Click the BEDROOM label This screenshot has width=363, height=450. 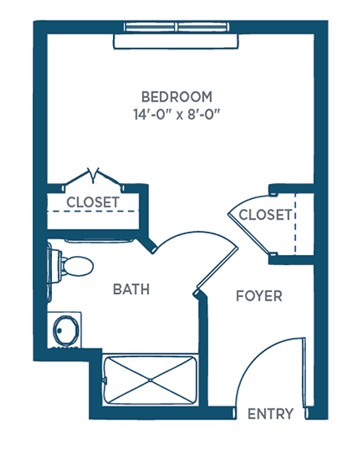[177, 97]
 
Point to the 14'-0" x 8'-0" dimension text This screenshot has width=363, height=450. [177, 115]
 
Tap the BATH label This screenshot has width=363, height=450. [131, 289]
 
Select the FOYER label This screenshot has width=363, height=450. [259, 296]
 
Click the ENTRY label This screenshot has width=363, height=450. [271, 414]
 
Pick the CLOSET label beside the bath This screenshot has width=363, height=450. [92, 202]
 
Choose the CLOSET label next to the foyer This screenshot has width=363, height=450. [265, 215]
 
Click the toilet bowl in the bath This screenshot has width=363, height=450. [78, 266]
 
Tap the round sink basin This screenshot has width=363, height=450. [66, 330]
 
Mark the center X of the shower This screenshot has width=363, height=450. [150, 381]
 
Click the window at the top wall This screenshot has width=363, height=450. [177, 27]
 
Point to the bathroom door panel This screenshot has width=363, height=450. [217, 268]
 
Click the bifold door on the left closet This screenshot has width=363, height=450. [93, 178]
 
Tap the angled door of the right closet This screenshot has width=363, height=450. [249, 234]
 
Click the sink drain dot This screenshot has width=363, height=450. [59, 330]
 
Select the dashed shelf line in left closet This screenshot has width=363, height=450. [92, 211]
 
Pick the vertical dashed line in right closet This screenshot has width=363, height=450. [295, 224]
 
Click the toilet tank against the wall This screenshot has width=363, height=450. [55, 267]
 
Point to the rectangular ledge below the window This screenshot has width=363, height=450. [176, 41]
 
